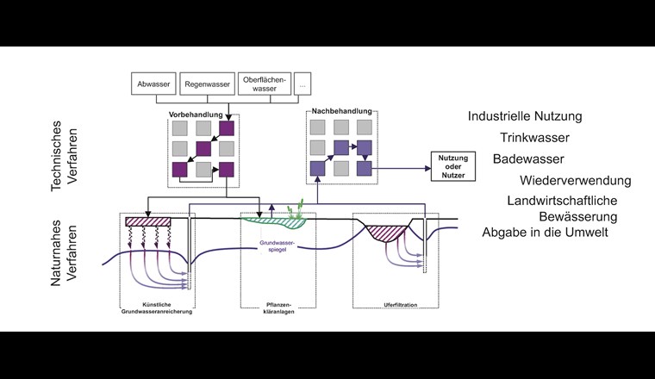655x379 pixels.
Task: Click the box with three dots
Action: [x=303, y=84]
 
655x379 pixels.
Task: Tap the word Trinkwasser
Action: [x=534, y=137]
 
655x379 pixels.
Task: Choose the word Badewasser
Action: [x=528, y=159]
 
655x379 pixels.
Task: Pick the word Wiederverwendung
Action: [x=575, y=181]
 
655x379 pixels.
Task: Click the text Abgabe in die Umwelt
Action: [x=544, y=232]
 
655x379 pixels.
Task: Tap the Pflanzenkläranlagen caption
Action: [x=278, y=307]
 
